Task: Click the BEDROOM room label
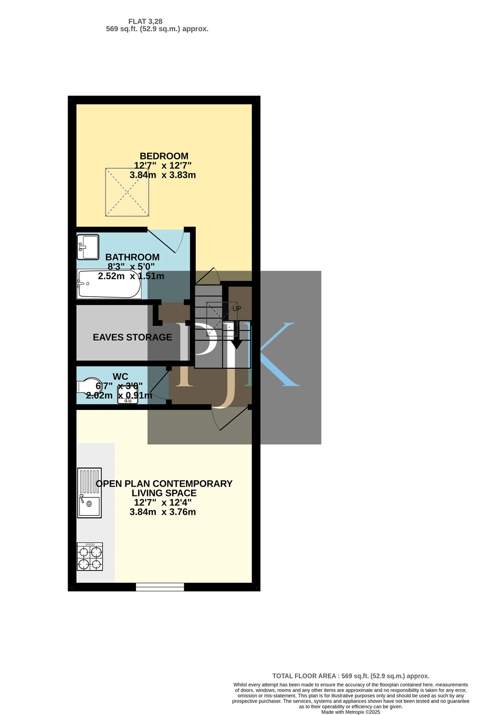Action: click(164, 156)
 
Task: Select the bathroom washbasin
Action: click(88, 247)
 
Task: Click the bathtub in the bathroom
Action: click(109, 284)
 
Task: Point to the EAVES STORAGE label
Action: click(132, 337)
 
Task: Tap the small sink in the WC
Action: click(128, 394)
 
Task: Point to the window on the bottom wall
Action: click(160, 587)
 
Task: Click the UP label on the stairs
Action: click(237, 309)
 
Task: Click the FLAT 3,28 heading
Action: click(145, 21)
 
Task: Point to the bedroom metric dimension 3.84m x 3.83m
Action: click(163, 175)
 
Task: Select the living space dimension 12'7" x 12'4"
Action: click(163, 502)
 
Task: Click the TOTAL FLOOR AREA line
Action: click(351, 676)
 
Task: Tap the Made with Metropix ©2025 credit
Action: click(351, 712)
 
